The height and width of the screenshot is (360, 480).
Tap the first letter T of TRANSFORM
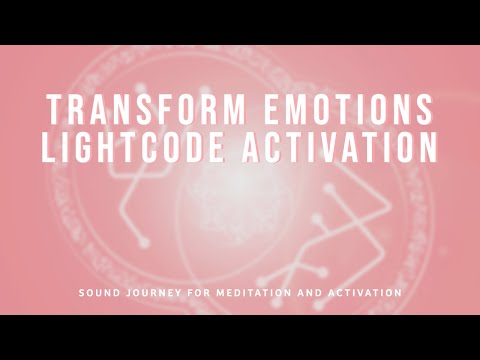pyautogui.click(x=55, y=108)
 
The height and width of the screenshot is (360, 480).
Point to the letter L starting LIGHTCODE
pyautogui.click(x=51, y=147)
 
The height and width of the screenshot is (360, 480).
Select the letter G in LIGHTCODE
pyautogui.click(x=92, y=147)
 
